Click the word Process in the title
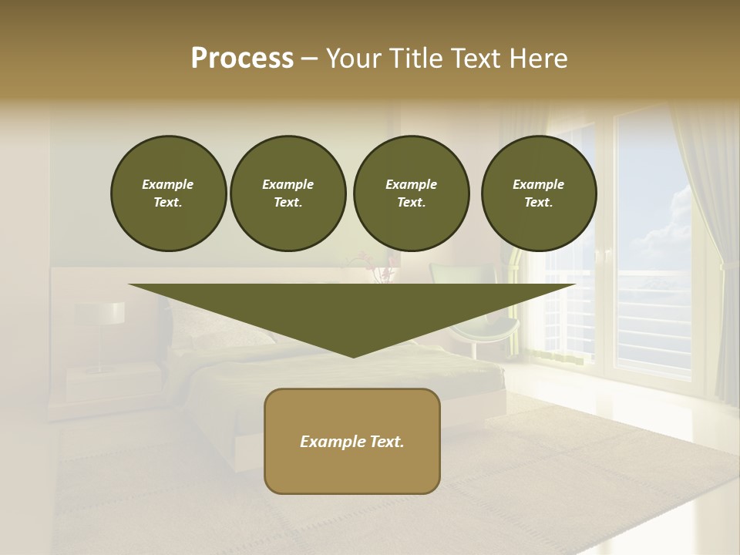[x=242, y=59]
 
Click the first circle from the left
[x=168, y=193]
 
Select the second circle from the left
[x=288, y=193]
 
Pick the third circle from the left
[x=411, y=193]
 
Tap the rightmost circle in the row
[x=539, y=193]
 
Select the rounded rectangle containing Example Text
[x=352, y=441]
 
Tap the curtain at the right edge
[x=705, y=254]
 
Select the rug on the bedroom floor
[x=540, y=478]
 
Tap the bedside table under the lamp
[x=108, y=382]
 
